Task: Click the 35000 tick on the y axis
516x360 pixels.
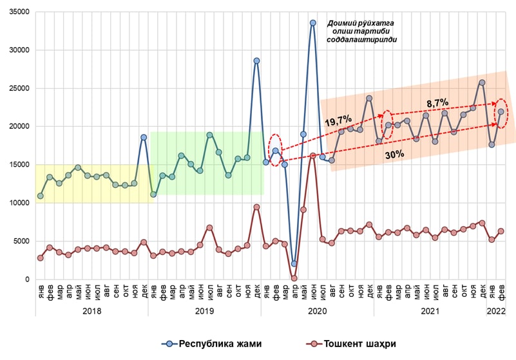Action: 20,12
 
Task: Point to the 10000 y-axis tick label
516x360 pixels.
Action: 20,203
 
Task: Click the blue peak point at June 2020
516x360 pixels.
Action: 312,23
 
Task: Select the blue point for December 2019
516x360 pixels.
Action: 256,61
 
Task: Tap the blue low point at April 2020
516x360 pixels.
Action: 294,264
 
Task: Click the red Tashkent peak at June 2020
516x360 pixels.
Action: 312,156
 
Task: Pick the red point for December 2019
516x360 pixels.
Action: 256,207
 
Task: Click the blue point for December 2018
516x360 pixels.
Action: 144,137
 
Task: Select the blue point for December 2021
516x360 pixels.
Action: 482,82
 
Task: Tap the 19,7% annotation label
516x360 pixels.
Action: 338,121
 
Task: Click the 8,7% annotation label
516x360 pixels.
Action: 437,103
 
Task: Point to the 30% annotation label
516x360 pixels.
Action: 394,155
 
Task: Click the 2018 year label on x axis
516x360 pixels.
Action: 92,311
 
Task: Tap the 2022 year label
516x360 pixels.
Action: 496,311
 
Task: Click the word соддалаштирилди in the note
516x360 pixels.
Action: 361,39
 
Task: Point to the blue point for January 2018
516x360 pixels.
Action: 40,196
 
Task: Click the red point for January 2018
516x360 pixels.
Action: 40,258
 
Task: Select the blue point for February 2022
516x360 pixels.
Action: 501,112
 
